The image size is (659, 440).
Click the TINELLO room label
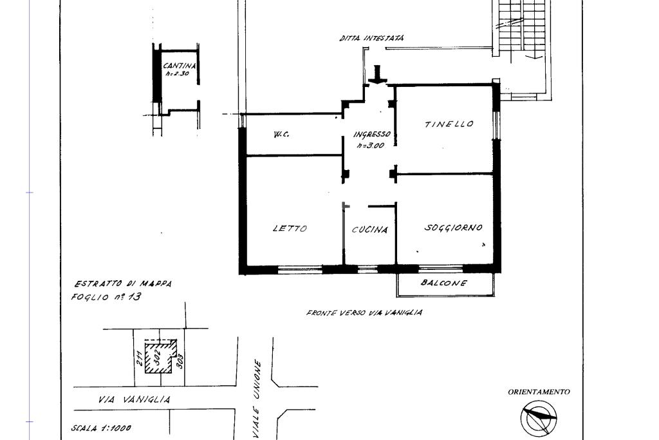pos(449,124)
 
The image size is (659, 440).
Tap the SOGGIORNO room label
pos(453,227)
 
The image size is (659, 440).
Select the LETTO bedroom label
pos(290,229)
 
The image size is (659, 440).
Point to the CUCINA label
pos(370,230)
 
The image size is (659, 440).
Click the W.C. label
pos(281,135)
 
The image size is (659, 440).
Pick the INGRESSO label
pos(372,135)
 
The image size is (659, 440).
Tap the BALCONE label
pos(444,283)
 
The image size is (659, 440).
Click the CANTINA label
pos(180,66)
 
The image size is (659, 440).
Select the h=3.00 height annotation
pos(371,146)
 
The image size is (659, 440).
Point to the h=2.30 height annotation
pos(177,73)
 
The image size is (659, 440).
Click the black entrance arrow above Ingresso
pos(377,75)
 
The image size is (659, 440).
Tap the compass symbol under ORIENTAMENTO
pos(539,417)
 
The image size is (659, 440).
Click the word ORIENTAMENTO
pos(539,392)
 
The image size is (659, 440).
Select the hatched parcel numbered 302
pos(160,356)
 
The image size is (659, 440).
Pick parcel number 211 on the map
pos(140,358)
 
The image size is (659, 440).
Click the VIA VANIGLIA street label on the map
pos(135,399)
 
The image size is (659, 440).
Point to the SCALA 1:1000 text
pos(101,428)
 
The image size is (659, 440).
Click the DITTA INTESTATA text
pos(371,38)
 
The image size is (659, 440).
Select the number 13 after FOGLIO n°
pos(135,296)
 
